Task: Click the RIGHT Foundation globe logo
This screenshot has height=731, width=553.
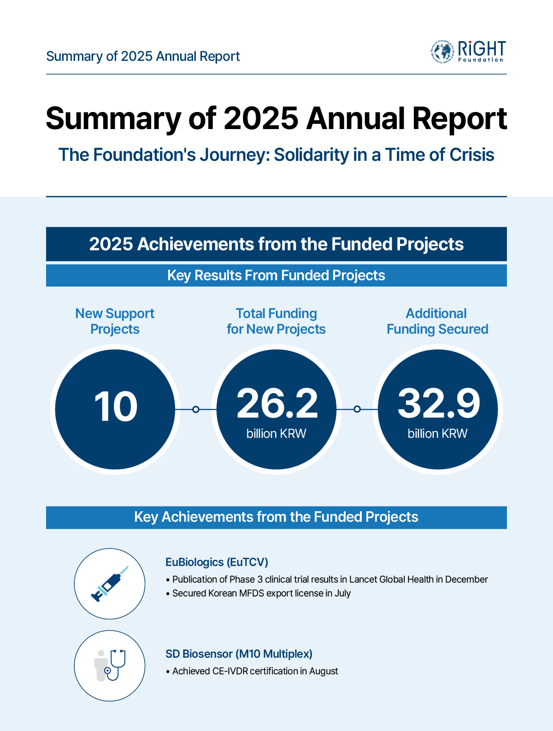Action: pyautogui.click(x=442, y=52)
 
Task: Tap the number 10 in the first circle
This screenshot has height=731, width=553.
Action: pyautogui.click(x=116, y=407)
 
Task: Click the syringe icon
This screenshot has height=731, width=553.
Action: pyautogui.click(x=110, y=584)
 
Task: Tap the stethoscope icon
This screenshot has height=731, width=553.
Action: pyautogui.click(x=110, y=666)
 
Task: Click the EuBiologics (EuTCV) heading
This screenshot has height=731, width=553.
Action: pyautogui.click(x=217, y=562)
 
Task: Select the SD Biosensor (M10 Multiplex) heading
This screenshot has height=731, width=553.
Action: pyautogui.click(x=239, y=654)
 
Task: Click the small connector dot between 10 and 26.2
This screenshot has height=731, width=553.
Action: pyautogui.click(x=196, y=409)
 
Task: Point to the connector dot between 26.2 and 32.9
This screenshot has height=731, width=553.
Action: pyautogui.click(x=357, y=409)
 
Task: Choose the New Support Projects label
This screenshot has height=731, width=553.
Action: pyautogui.click(x=115, y=321)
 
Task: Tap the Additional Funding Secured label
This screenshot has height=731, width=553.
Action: pyautogui.click(x=437, y=321)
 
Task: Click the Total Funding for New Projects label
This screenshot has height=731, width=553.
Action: pyautogui.click(x=276, y=321)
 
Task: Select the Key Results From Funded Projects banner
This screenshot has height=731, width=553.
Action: pyautogui.click(x=276, y=276)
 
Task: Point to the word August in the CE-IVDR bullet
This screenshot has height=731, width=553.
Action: pyautogui.click(x=324, y=671)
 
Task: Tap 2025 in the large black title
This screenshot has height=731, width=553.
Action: pyautogui.click(x=261, y=118)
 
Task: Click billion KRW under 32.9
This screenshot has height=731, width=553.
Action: pyautogui.click(x=437, y=434)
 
